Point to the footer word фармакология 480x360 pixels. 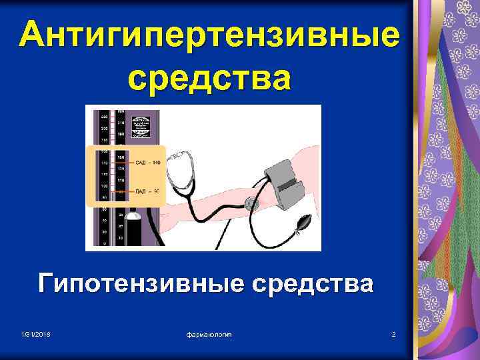tap(209, 333)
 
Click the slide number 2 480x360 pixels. tap(394, 333)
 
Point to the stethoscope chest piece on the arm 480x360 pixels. tap(251, 203)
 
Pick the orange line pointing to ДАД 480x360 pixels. tap(125, 191)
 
